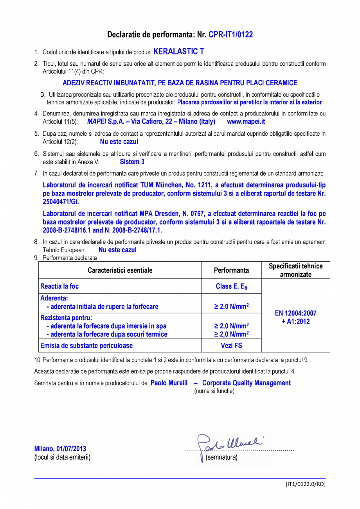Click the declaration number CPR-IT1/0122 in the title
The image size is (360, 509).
tap(230, 34)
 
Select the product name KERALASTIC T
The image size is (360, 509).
tap(178, 52)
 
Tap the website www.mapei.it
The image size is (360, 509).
tap(246, 122)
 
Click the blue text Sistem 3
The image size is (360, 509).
tap(132, 162)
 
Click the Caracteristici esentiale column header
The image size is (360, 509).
tap(120, 270)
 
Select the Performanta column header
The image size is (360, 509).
tap(231, 270)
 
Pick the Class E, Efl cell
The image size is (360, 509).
tap(231, 286)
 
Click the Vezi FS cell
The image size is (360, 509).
tap(231, 345)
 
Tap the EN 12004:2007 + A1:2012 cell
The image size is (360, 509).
tap(295, 317)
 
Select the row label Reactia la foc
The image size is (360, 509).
tap(59, 286)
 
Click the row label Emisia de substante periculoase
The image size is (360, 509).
tap(86, 345)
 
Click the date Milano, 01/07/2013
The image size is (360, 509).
tap(60, 449)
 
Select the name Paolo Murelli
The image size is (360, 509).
tap(169, 383)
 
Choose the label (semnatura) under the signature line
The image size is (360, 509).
tap(221, 457)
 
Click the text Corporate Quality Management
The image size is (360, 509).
tap(246, 383)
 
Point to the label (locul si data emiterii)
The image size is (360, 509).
tap(62, 457)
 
